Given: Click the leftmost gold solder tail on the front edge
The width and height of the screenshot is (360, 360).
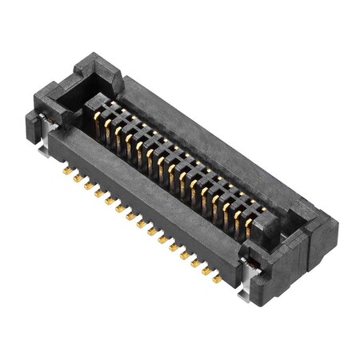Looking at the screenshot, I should point(66,170).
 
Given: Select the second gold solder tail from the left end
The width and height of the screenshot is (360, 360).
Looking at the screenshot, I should point(78,178).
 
